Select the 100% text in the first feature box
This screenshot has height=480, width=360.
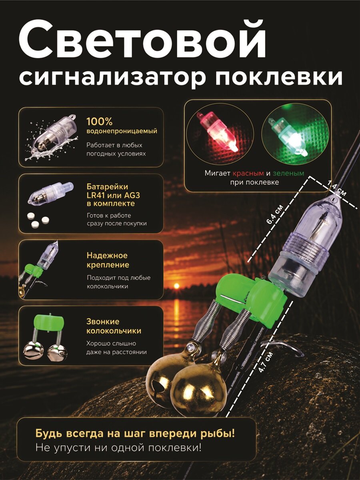click(x=100, y=122)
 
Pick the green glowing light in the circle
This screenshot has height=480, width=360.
click(x=289, y=136)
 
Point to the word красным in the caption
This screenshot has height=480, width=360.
click(x=248, y=174)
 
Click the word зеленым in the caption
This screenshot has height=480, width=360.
click(x=288, y=174)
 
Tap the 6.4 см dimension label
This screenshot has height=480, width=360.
click(x=275, y=215)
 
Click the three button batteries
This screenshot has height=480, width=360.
click(x=38, y=219)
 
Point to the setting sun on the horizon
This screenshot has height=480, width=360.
click(x=176, y=286)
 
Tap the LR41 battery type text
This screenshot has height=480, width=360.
click(x=96, y=195)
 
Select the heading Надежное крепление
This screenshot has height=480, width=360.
click(x=108, y=260)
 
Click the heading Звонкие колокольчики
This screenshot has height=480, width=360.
click(x=114, y=326)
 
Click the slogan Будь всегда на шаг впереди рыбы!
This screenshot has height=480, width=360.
click(x=136, y=434)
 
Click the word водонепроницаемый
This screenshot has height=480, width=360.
click(x=122, y=131)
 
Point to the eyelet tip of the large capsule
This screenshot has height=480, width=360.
click(x=334, y=200)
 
